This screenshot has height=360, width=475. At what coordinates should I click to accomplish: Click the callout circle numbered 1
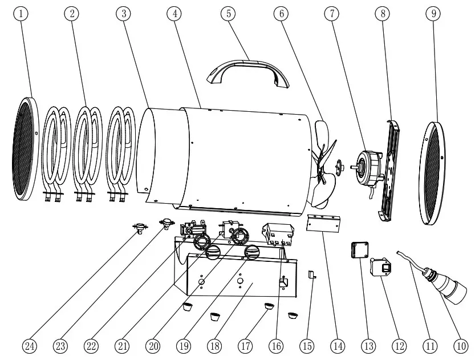[22, 14]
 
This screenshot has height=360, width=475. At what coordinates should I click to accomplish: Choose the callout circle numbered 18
[216, 345]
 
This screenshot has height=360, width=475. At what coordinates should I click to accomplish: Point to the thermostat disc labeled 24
[140, 229]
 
